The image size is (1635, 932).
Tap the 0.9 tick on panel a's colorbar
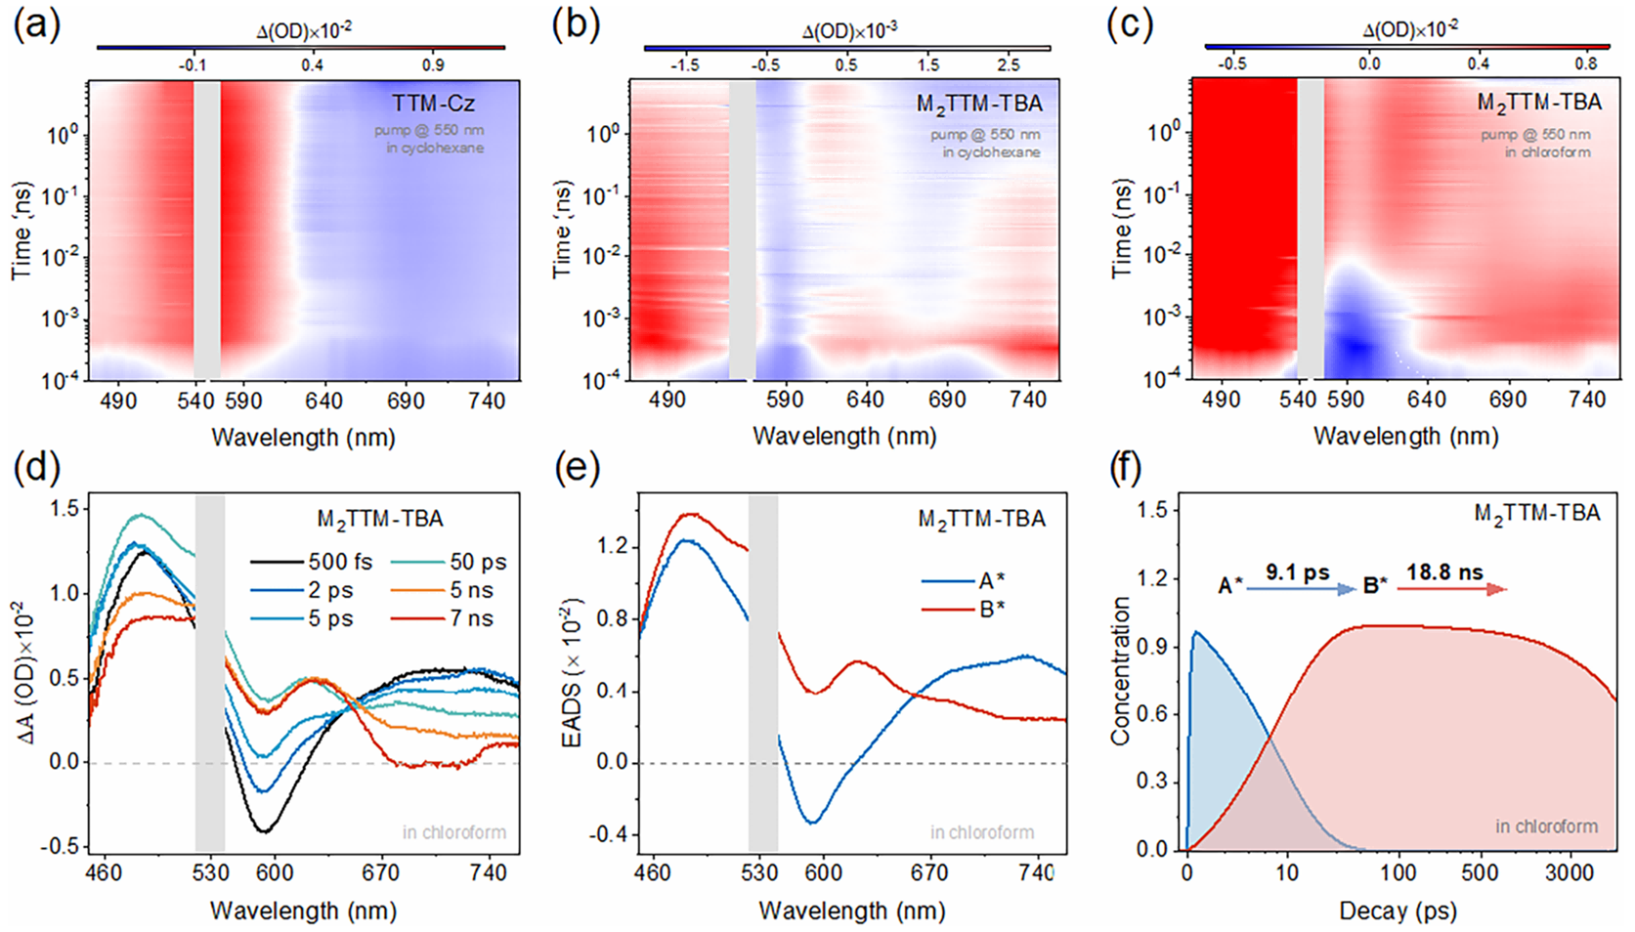(x=433, y=64)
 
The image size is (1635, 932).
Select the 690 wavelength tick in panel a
(x=406, y=401)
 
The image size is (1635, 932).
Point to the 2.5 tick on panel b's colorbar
(x=1009, y=64)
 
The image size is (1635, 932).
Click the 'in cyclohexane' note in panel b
(x=991, y=152)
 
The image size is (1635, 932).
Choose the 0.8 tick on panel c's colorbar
(x=1586, y=64)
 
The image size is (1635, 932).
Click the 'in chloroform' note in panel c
(x=1547, y=152)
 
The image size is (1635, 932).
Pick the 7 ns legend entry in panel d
(x=471, y=618)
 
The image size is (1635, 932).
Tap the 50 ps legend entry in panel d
(x=478, y=562)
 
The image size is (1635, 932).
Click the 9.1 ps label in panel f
(x=1298, y=572)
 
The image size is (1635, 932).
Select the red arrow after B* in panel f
(x=1452, y=589)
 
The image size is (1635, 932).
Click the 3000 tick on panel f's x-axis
(x=1570, y=872)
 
